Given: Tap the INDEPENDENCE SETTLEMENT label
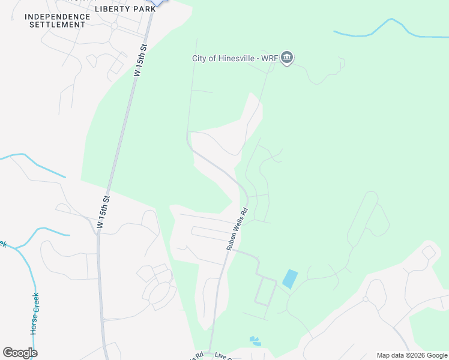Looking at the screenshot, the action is point(58,20).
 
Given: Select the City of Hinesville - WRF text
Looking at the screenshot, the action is point(235,58).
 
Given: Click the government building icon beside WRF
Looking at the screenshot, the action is point(287,58).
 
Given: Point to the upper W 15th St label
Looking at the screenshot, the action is point(140,59).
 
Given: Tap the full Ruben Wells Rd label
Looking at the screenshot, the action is point(237,229).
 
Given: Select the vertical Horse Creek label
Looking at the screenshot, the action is point(35,314).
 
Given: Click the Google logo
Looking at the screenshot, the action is point(20,353).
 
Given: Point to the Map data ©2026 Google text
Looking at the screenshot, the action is point(412,355).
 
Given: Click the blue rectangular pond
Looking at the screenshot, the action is point(289,279).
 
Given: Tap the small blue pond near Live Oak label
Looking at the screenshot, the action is point(255,341).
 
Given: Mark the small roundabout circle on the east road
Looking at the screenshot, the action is point(364,298).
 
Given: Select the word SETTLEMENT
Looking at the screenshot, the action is point(58,25).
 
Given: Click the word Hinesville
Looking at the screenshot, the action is point(238,58).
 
